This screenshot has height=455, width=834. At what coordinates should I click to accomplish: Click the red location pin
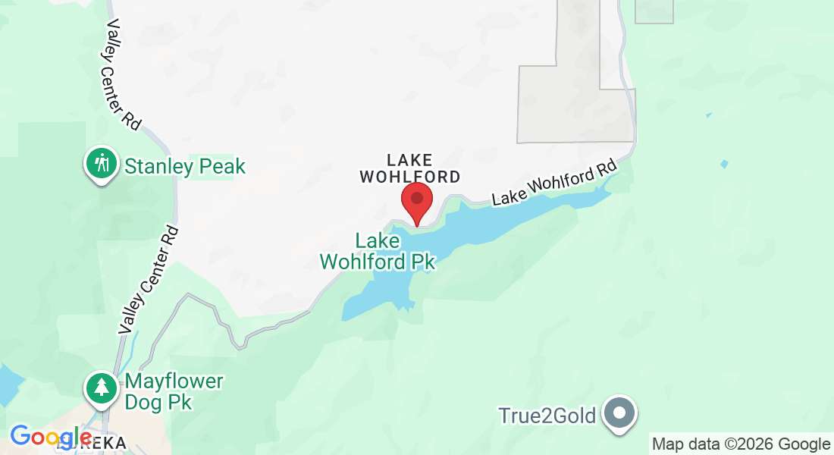pos(416,200)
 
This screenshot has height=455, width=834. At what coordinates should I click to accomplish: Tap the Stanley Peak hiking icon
pos(101,163)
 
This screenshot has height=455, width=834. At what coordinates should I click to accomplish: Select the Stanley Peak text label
pos(185,166)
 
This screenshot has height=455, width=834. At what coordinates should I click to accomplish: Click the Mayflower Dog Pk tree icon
pos(101,388)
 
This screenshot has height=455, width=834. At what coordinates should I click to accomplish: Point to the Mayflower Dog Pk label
pos(174,391)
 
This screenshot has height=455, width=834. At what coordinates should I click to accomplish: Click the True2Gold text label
pos(548,416)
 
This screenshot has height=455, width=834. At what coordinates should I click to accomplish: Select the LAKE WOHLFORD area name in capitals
pos(409,168)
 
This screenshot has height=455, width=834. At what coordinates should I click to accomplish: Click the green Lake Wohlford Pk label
pos(378,251)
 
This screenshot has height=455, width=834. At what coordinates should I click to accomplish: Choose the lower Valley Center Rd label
pos(149,280)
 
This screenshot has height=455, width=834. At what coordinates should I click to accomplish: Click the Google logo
pos(51,437)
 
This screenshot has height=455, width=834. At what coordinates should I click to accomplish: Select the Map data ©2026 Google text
pos(741,444)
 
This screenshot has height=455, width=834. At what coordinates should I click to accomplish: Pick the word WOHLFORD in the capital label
pos(409,177)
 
